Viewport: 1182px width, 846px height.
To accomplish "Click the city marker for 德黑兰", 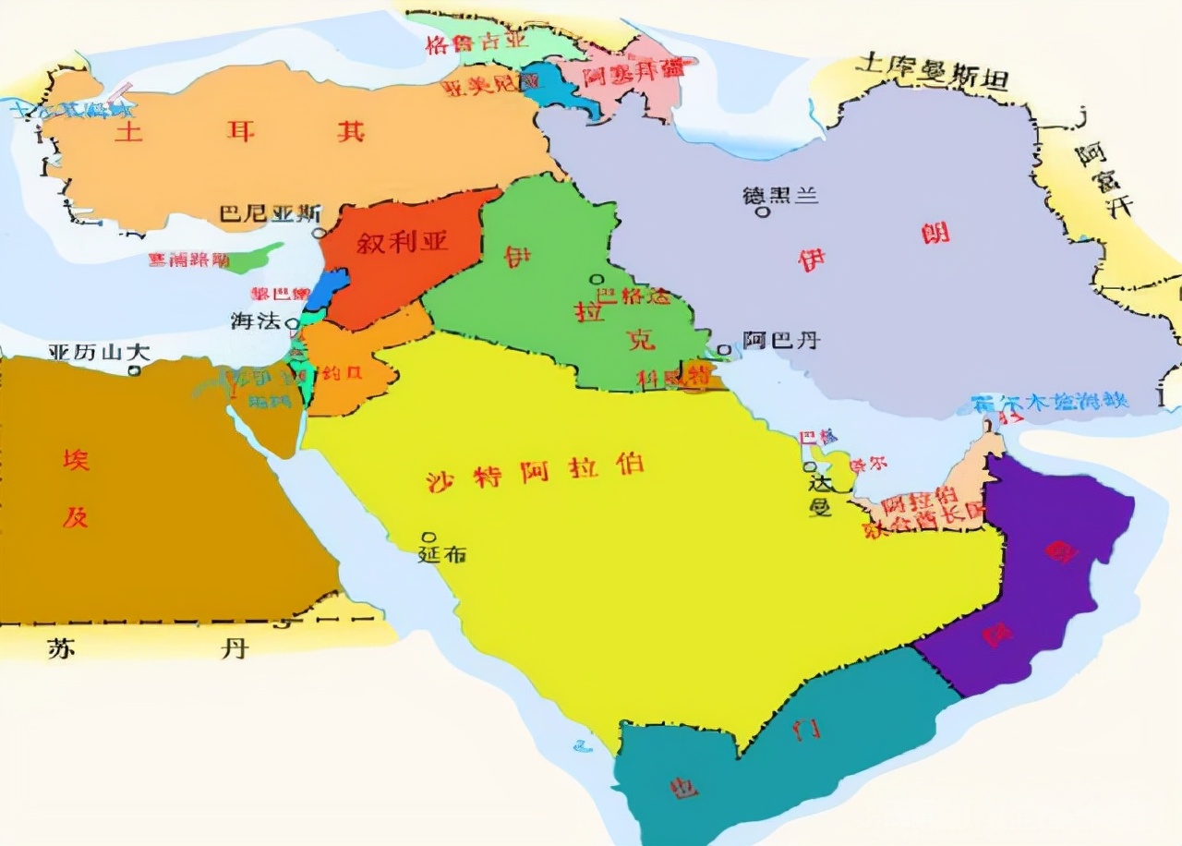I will click(763, 212).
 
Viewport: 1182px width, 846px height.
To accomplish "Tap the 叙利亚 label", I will click(403, 243).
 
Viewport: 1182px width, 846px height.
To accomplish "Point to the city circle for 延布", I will click(428, 537).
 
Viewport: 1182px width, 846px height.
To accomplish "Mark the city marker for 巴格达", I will click(597, 279).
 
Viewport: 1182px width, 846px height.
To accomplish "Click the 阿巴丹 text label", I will click(781, 341).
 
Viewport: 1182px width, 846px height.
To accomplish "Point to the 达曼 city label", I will click(821, 495).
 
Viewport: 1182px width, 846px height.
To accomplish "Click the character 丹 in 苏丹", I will click(235, 648).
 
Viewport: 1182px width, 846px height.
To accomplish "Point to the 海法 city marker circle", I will click(292, 324).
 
